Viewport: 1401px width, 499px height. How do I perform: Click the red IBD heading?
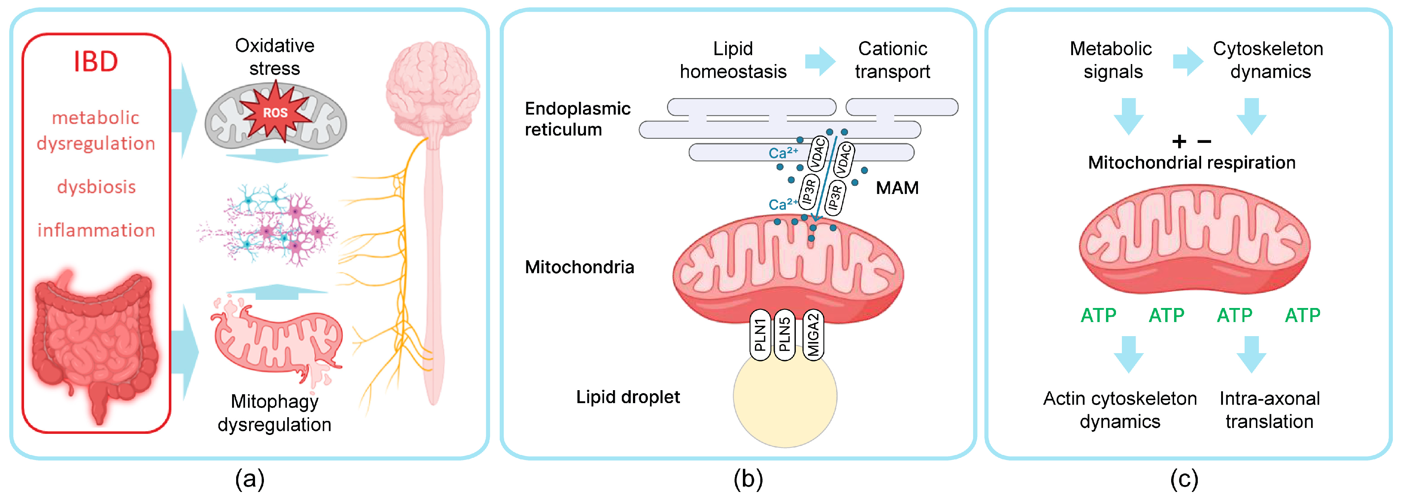[96, 61]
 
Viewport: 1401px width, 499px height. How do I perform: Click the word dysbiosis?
[96, 187]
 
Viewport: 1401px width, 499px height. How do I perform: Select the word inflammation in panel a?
[96, 230]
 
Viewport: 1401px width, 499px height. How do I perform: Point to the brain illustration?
[433, 90]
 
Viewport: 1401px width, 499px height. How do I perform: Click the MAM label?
[897, 188]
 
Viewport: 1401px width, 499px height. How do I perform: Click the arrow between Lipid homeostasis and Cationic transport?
[820, 61]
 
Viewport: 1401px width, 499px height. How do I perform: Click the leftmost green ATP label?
[1098, 315]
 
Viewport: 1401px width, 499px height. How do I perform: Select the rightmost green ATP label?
[1302, 315]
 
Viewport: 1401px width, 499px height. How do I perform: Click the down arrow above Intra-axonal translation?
[1251, 354]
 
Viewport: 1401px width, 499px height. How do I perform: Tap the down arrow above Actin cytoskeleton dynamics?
[1129, 354]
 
